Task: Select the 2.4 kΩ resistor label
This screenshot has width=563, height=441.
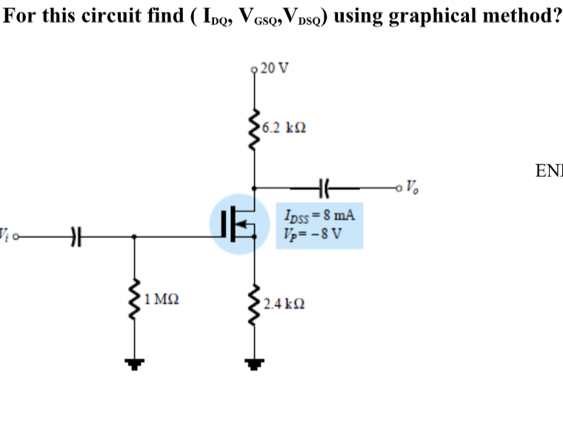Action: click(284, 303)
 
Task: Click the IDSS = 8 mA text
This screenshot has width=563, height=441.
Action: click(319, 216)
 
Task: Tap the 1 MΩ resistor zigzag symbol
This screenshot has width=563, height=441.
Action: click(134, 300)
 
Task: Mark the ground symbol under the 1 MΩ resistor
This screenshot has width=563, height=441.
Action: click(134, 363)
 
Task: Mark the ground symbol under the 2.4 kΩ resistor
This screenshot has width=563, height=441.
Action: click(256, 363)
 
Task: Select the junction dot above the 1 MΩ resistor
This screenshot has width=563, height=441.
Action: click(134, 237)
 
